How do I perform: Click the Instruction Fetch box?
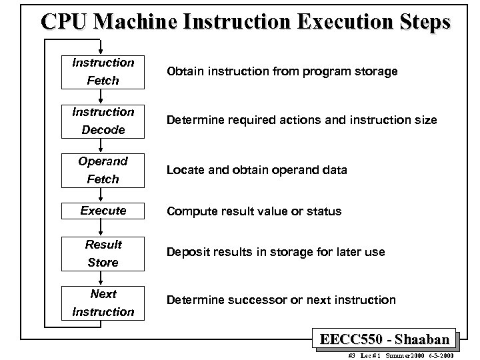point(103,72)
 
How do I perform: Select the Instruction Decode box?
point(103,121)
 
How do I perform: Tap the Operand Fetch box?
point(103,170)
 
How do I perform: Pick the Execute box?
point(103,211)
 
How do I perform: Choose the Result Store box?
point(103,253)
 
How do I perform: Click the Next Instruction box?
point(103,303)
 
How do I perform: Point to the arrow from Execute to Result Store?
point(103,227)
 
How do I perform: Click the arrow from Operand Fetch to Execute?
point(103,195)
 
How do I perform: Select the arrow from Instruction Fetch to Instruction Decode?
point(103,97)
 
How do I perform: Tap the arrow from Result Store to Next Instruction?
point(103,278)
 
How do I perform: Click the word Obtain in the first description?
point(185,71)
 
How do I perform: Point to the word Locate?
point(185,170)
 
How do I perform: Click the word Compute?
point(191,211)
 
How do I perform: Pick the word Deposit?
point(189,253)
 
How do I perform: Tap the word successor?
point(255,301)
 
